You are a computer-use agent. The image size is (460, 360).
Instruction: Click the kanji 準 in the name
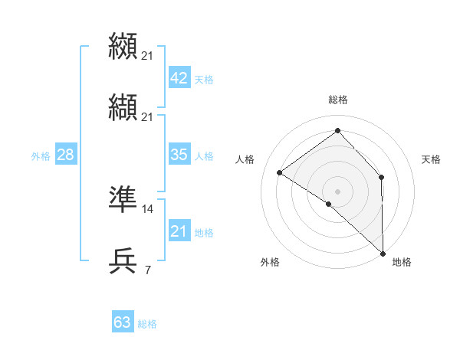click(x=123, y=198)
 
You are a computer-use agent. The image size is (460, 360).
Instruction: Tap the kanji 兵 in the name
click(x=123, y=260)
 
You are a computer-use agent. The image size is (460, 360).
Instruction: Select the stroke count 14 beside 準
click(x=148, y=208)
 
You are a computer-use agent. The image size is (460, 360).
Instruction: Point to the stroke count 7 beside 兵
click(x=147, y=270)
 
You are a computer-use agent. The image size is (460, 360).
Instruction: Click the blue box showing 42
click(x=179, y=78)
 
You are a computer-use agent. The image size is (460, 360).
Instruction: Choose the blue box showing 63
click(x=123, y=322)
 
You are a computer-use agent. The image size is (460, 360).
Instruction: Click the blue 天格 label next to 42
click(x=204, y=80)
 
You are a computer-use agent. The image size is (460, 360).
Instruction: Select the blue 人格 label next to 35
click(x=204, y=156)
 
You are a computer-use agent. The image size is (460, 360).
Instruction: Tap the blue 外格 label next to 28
click(x=41, y=156)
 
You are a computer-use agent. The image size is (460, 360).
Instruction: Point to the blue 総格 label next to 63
click(x=147, y=324)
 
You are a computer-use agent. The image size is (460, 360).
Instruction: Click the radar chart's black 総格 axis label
click(x=338, y=100)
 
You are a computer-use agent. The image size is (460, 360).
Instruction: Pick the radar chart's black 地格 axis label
click(x=402, y=262)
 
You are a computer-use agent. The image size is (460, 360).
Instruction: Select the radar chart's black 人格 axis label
click(x=245, y=159)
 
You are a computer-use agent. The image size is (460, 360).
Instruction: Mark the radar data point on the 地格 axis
click(x=383, y=253)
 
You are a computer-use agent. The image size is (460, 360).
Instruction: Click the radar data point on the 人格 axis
click(x=280, y=172)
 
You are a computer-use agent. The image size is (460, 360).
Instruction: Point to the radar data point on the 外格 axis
click(x=329, y=204)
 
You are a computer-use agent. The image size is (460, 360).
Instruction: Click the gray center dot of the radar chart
click(x=338, y=191)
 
